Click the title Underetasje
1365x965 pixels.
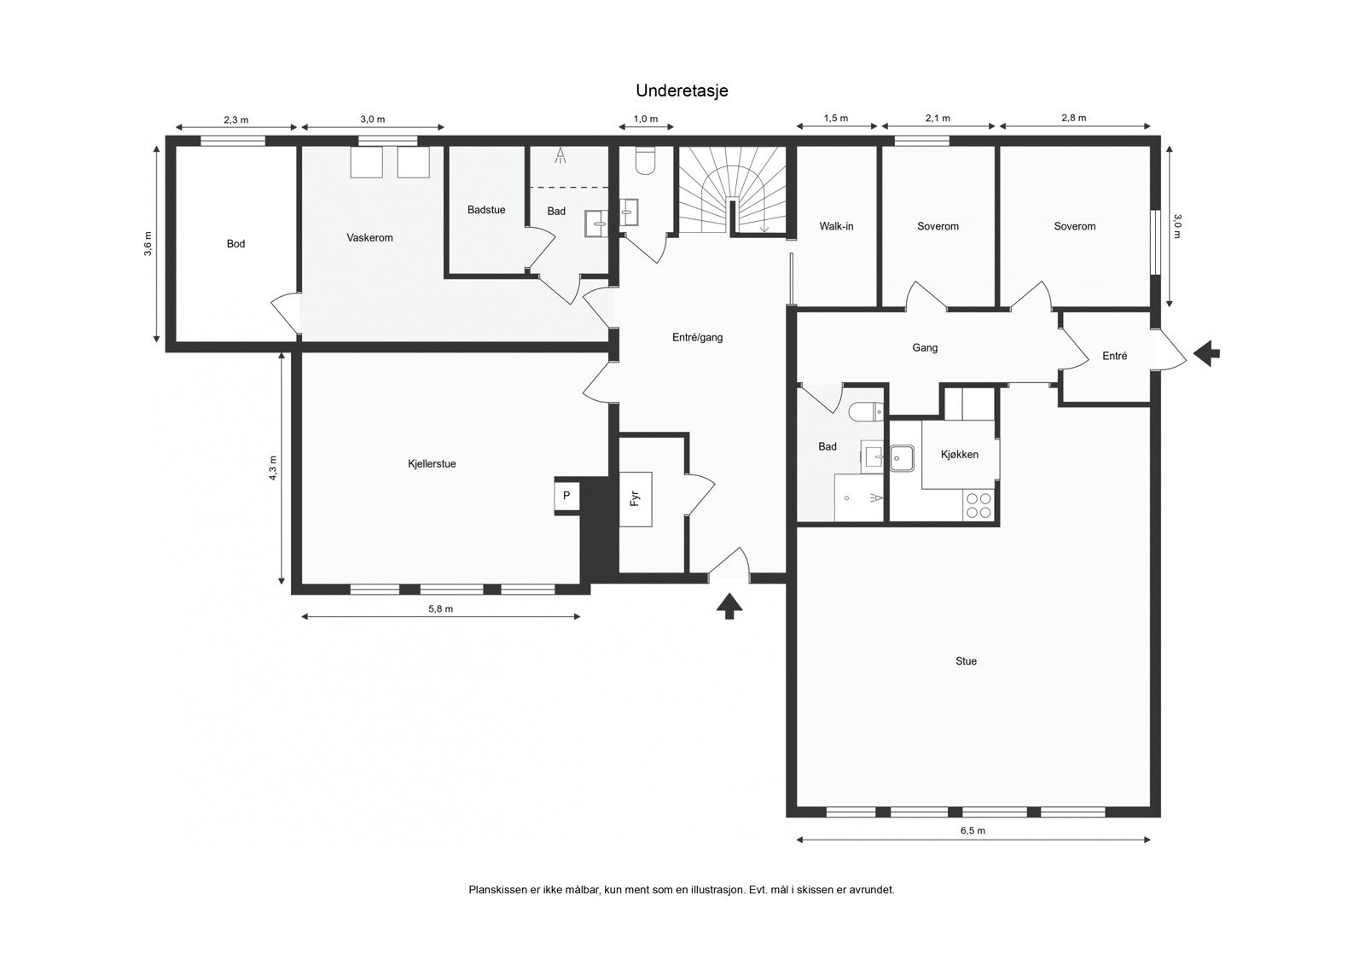tap(682, 90)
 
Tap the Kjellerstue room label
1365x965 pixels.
tap(432, 464)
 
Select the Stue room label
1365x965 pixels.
tap(966, 660)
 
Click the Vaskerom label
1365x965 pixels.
tap(370, 238)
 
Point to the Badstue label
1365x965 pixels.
tap(486, 210)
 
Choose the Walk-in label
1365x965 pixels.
tap(836, 226)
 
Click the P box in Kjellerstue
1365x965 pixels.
tap(566, 496)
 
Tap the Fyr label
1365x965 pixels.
tap(635, 499)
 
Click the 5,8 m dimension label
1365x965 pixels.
tap(440, 608)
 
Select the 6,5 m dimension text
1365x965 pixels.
tap(973, 830)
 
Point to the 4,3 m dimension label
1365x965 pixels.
tap(273, 468)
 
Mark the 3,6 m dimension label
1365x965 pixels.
tap(148, 244)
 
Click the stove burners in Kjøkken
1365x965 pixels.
tap(979, 505)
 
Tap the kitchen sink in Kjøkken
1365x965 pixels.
tap(901, 458)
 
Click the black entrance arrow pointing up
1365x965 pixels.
tap(729, 607)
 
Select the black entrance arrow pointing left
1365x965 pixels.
tap(1206, 353)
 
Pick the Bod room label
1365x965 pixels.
tap(235, 244)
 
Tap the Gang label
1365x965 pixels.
tap(925, 347)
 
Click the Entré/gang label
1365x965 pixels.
tap(697, 337)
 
